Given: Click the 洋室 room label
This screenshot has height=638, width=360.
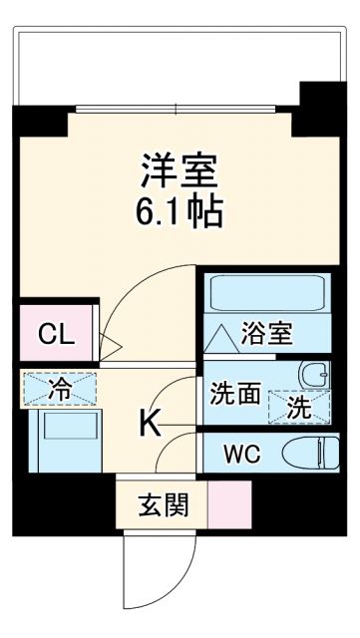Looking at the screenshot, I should tap(180, 170).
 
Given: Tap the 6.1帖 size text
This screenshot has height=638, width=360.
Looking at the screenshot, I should tap(180, 210).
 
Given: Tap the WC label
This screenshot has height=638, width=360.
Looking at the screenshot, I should tap(241, 455).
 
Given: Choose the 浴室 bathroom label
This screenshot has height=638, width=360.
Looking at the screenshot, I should tap(267, 335).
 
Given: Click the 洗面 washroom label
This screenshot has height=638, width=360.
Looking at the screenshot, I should tap(235, 394).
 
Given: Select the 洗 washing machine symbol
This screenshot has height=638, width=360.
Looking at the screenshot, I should tap(298, 404).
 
